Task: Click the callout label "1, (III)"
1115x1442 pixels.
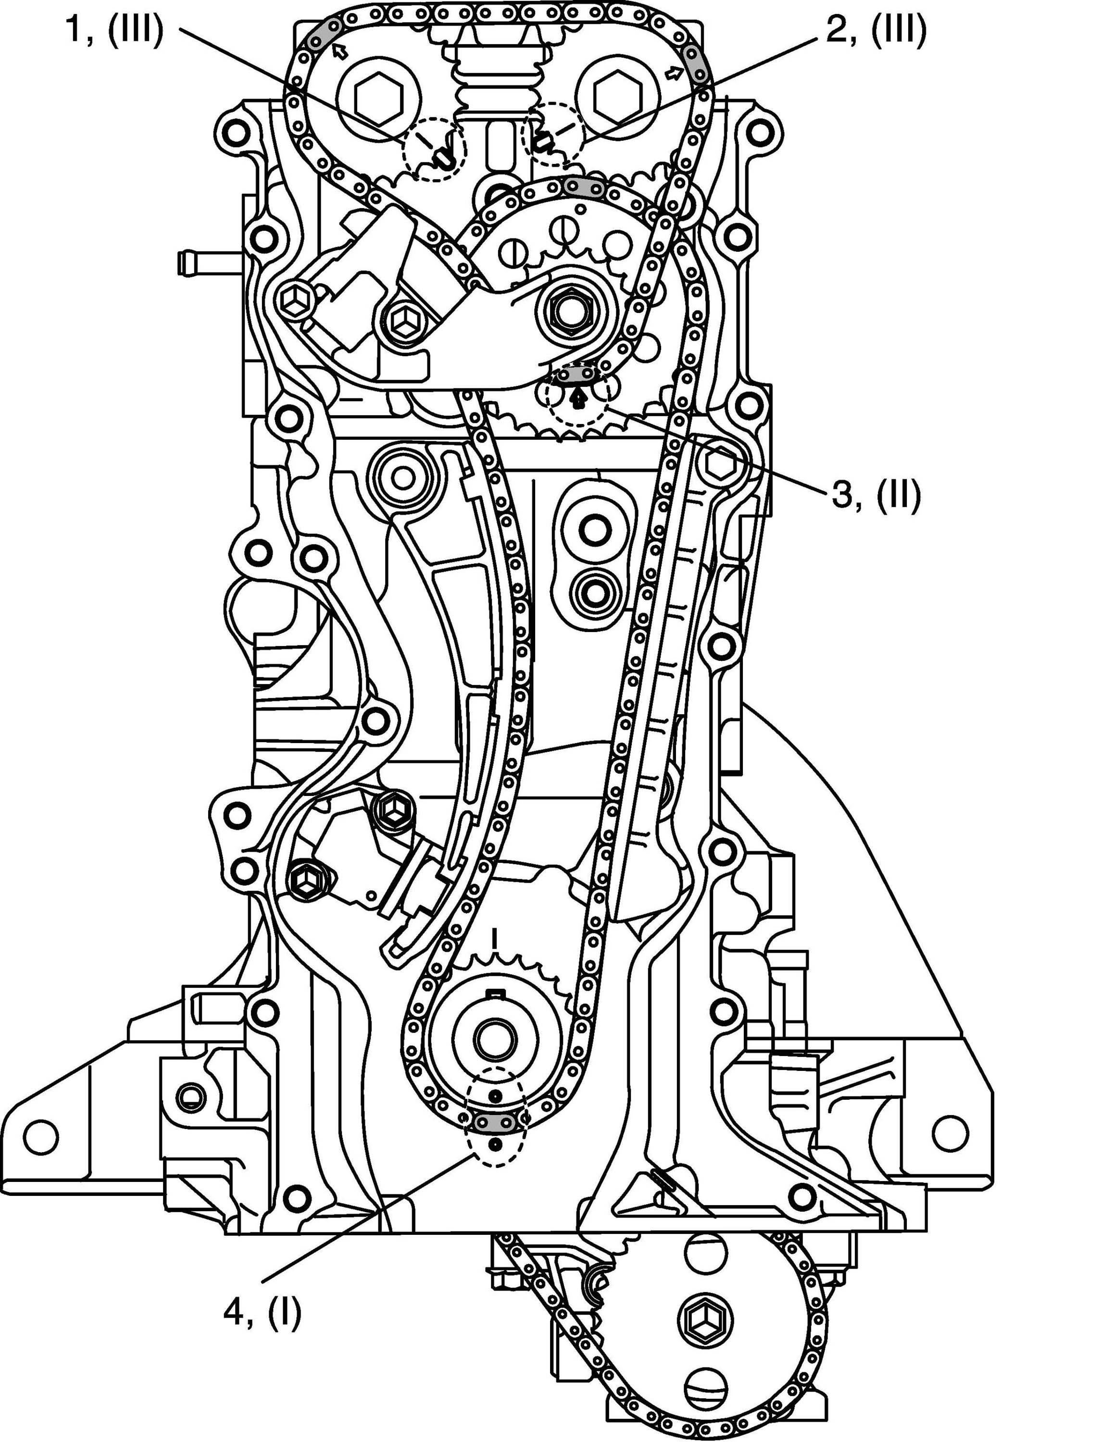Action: tap(113, 31)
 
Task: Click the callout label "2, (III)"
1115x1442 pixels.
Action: tap(875, 31)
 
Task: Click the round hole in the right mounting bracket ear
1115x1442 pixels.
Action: tap(949, 1133)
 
